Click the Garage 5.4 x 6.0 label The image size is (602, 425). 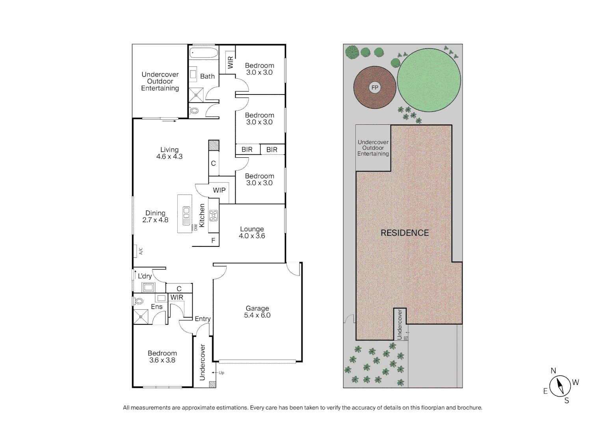(x=257, y=312)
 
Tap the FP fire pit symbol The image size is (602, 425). (x=375, y=88)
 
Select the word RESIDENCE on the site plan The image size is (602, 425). (x=405, y=233)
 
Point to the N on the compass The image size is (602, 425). (x=553, y=371)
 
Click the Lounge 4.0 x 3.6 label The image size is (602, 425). (x=252, y=232)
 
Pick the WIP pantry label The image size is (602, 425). (x=219, y=190)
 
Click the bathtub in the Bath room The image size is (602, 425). (x=203, y=53)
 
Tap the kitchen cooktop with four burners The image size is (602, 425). (x=214, y=215)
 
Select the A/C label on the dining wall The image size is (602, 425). (x=141, y=251)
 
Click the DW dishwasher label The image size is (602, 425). (x=195, y=227)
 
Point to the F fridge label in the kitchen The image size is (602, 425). (x=213, y=240)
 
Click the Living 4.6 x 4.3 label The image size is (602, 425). (x=169, y=153)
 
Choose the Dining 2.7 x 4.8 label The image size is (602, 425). (x=155, y=216)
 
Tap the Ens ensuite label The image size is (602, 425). (x=156, y=307)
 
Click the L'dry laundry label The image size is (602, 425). (x=145, y=276)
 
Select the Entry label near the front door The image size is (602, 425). (x=203, y=319)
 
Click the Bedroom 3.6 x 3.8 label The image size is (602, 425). (x=162, y=357)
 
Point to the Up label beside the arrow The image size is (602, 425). (x=221, y=373)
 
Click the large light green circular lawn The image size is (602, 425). (x=429, y=80)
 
